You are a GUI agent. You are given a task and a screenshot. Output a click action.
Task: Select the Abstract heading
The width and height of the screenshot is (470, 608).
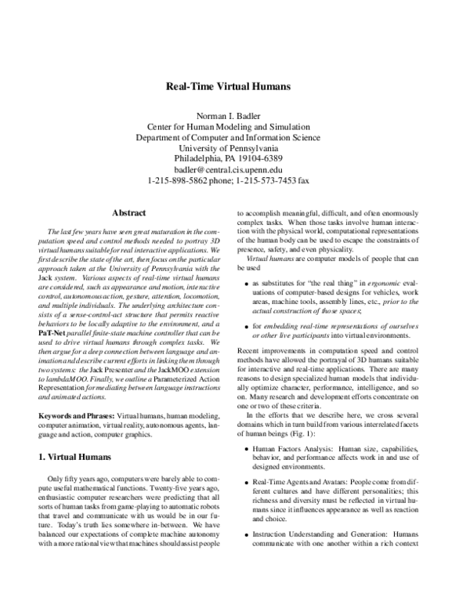point(128,212)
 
